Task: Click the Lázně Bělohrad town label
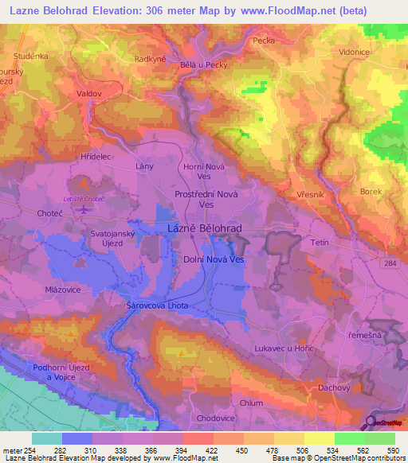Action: tap(205, 228)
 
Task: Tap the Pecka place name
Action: tap(264, 39)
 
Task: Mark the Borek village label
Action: tap(371, 192)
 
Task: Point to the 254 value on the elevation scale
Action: tap(32, 450)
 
